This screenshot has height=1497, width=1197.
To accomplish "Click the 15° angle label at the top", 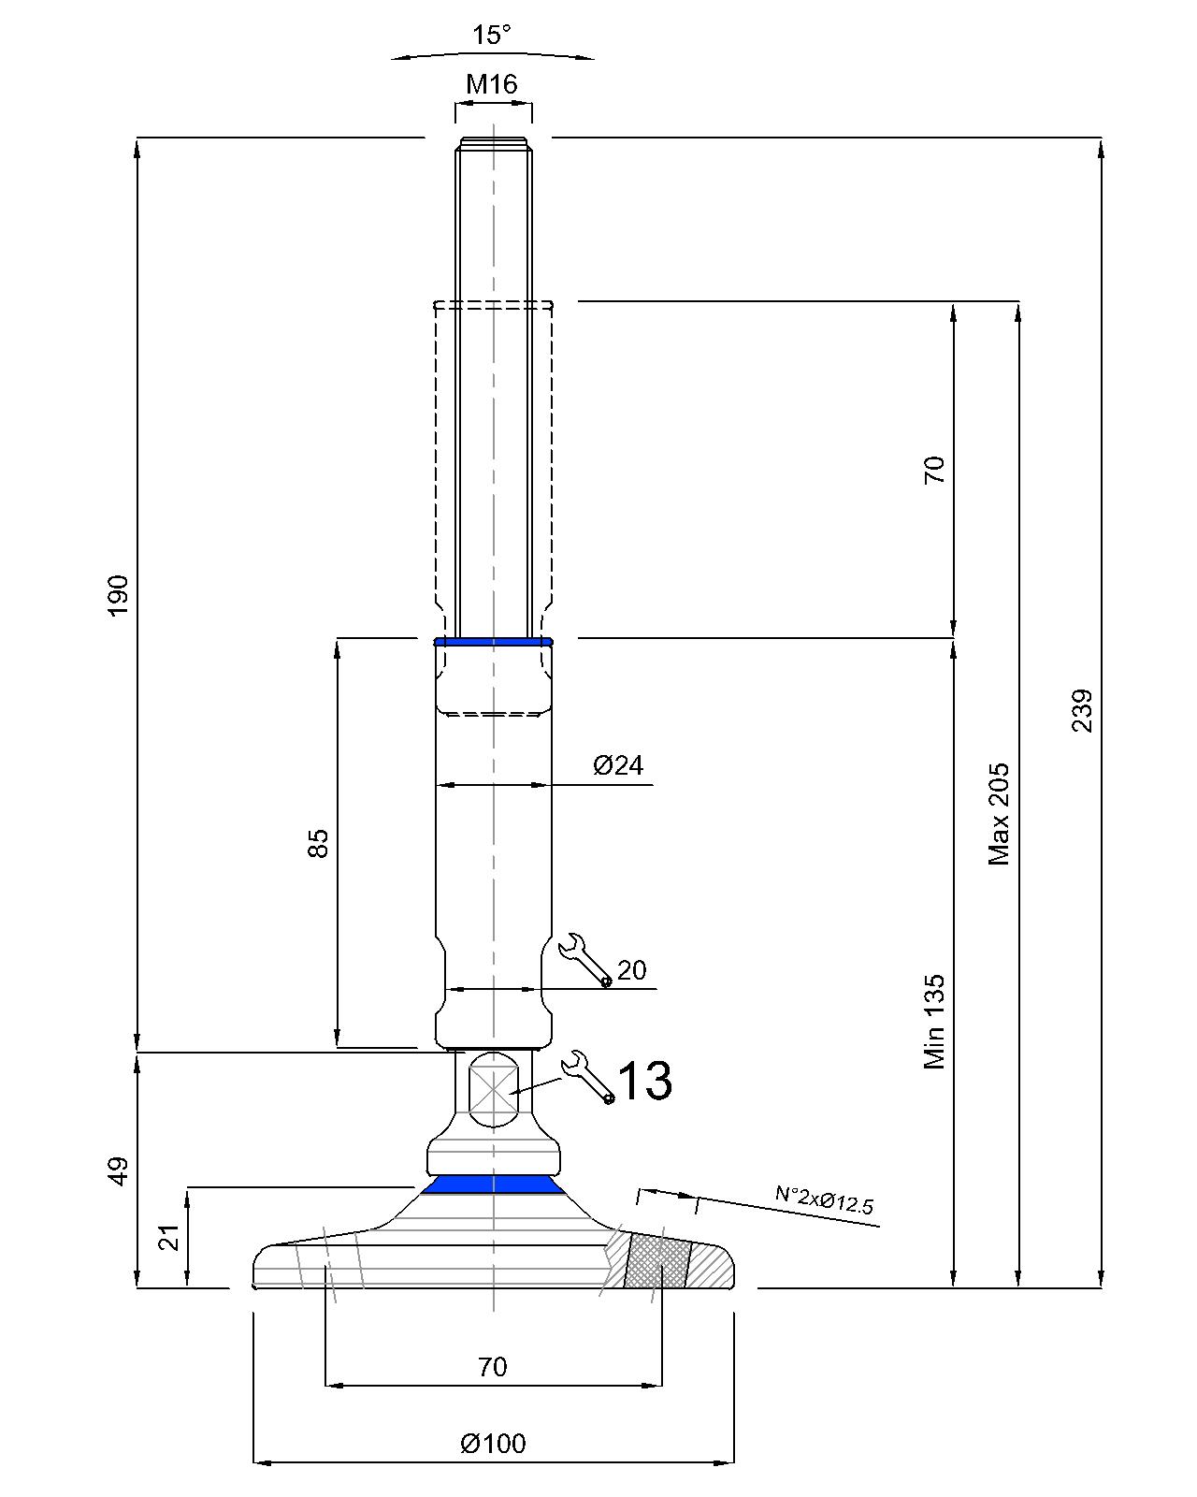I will coord(491,36).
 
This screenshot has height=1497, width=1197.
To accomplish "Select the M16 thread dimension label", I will coord(492,84).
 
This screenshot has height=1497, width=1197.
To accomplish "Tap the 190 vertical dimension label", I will coord(118,595).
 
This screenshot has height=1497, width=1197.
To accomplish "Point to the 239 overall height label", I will coord(1081,710).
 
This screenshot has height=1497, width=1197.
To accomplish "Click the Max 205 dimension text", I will coord(999,813).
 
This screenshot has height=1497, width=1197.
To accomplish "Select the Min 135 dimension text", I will coord(934,1022).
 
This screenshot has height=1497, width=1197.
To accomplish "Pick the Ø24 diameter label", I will coord(618,765).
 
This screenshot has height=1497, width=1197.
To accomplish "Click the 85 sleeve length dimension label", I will coord(318,843).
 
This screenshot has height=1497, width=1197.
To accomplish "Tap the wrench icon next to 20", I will coord(584,959).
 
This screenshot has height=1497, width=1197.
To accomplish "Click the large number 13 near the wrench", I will coord(644,1081).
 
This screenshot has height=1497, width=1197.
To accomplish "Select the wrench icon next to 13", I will coord(586,1076).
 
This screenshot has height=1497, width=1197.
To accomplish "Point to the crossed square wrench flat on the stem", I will coord(493,1090).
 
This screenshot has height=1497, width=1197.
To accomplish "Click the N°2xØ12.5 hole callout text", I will coord(824,1199).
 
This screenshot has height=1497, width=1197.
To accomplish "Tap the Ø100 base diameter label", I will coord(493,1444).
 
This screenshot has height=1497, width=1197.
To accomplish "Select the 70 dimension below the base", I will coord(492,1367).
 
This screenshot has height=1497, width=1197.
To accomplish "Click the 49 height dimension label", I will coord(118,1170).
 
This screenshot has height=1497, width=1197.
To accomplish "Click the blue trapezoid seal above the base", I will coord(493,1185).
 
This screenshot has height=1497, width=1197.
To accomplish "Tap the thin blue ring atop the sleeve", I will coord(493,642).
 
